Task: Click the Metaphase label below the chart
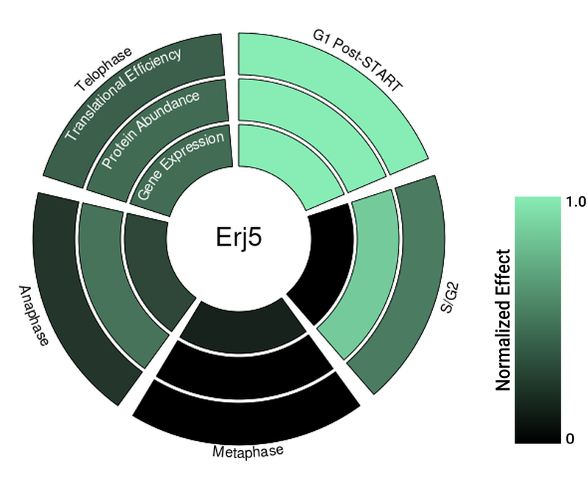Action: point(248,450)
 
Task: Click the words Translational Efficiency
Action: point(123,93)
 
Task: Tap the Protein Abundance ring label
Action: point(151,129)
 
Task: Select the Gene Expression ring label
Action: point(181,166)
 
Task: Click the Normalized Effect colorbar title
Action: point(503,320)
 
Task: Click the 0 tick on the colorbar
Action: point(570,439)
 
